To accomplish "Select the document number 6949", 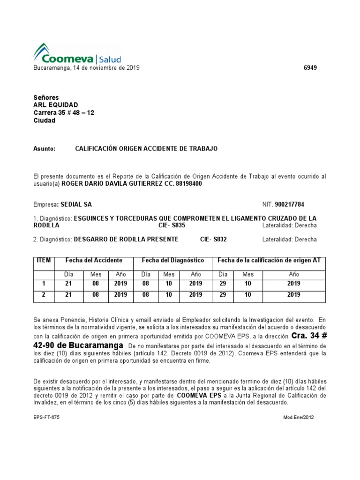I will [310, 68].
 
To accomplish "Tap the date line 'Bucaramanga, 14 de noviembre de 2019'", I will [86, 68].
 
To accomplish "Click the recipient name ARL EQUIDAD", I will [56, 105].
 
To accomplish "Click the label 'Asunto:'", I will [44, 149].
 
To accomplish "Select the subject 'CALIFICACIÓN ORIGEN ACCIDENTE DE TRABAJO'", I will [146, 149].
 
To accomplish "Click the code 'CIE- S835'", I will [172, 225].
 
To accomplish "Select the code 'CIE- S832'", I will [213, 240].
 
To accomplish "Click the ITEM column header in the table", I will [44, 260].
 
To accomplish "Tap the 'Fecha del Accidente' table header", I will [94, 260].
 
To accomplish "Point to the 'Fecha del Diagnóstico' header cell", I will [173, 260].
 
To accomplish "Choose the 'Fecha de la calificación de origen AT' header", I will [269, 260].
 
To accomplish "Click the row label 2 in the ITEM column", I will [44, 295].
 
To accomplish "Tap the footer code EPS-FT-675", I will [46, 417].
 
